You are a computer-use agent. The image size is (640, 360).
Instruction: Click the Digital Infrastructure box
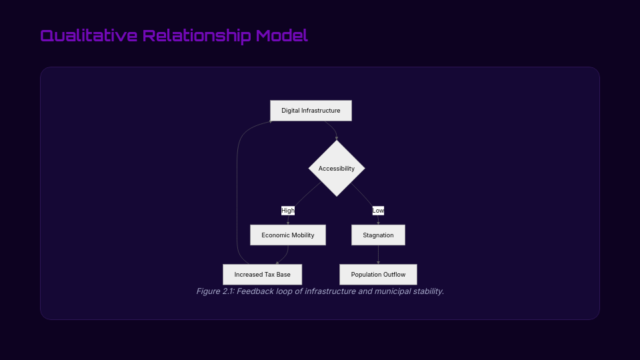pos(311,111)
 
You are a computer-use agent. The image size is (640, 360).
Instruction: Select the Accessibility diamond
pos(337,169)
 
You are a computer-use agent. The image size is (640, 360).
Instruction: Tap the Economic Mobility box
pos(288,235)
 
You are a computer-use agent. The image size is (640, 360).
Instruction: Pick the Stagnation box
pos(378,235)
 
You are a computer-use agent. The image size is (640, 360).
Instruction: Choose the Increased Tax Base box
pos(262,275)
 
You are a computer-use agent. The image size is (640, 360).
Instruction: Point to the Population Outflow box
pos(378,275)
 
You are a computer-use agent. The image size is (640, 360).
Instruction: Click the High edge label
pos(288,211)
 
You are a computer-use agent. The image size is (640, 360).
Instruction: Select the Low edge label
pos(378,211)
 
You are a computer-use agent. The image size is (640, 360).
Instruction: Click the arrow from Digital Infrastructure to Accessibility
pos(331,128)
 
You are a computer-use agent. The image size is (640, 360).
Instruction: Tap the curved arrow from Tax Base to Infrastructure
pos(238,193)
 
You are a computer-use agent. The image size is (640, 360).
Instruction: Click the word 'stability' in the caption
pos(427,291)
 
